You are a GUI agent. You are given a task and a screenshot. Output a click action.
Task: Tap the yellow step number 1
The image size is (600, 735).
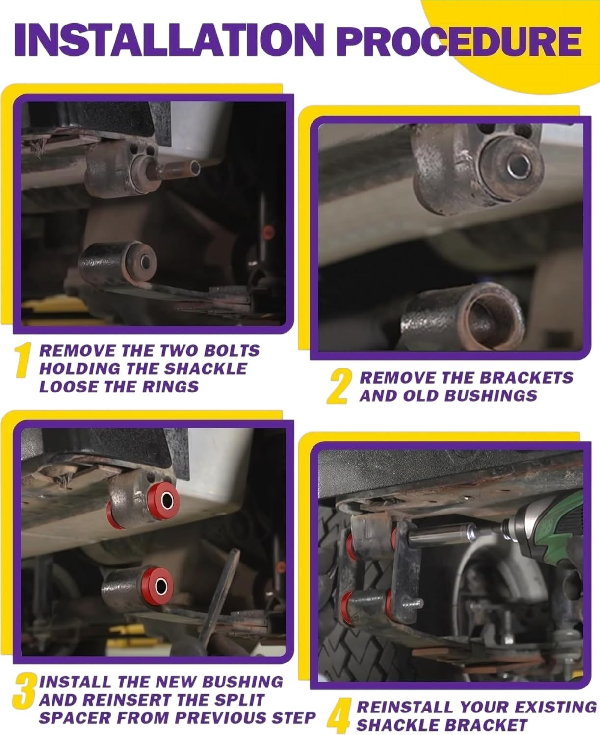coord(23,360)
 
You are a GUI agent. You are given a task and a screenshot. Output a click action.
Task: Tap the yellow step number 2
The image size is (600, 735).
coord(338,387)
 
